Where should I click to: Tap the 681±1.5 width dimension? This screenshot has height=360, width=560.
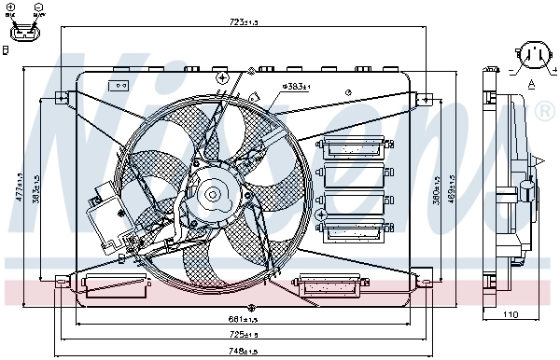245,319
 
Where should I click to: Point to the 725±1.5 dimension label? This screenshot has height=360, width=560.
245,334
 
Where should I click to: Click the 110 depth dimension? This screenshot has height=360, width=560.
510,315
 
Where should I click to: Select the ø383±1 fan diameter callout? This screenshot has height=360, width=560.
295,86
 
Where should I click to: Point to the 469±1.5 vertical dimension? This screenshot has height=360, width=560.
453,187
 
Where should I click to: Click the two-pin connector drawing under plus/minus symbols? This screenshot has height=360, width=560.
24,32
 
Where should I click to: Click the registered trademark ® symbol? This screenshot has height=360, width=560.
545,111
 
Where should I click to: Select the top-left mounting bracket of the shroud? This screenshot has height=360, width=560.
61,97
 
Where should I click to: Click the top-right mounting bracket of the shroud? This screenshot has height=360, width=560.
423,97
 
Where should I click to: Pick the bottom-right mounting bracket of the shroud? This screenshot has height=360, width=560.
426,276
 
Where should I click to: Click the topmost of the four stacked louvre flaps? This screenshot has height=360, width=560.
353,146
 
